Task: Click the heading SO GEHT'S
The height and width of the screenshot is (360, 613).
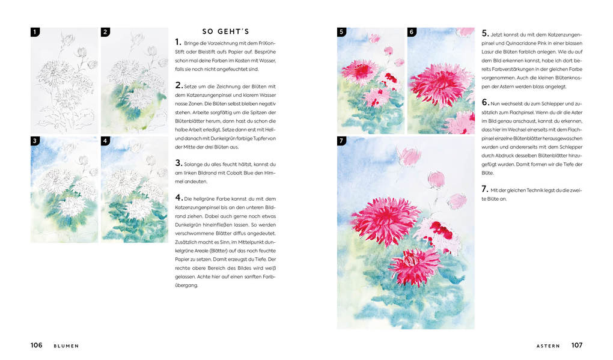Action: (225, 32)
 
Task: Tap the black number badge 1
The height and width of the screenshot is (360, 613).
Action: (35, 32)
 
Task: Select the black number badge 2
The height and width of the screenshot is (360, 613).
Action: (105, 32)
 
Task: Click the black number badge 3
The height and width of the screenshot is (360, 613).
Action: (35, 141)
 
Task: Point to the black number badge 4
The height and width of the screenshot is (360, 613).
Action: (105, 141)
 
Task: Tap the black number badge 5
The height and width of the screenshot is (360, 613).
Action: (341, 32)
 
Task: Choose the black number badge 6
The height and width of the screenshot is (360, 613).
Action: (412, 32)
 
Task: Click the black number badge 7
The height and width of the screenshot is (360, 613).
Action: (341, 141)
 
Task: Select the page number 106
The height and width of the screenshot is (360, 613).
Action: (37, 346)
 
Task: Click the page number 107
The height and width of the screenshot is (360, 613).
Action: (576, 346)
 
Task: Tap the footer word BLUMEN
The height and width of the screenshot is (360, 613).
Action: (66, 346)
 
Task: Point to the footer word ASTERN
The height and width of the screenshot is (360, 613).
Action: (548, 346)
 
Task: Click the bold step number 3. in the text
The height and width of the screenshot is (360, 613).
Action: (178, 163)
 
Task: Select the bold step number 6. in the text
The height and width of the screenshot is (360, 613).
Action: (485, 103)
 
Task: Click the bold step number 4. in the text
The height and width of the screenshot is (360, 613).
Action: (178, 197)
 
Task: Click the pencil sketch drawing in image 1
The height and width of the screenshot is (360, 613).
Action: (63, 81)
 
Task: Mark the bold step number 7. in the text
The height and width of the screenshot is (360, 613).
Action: (485, 189)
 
